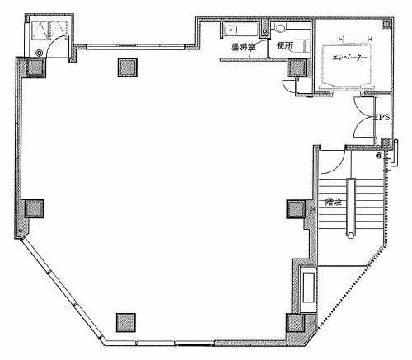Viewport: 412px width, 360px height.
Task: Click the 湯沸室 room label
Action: (243, 47)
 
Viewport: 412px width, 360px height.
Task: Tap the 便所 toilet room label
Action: (285, 45)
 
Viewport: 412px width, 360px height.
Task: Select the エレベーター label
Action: (349, 58)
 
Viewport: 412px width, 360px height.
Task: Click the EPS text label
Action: (382, 118)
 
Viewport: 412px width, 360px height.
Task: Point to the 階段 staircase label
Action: (334, 202)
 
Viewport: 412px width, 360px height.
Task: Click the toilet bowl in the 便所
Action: (280, 28)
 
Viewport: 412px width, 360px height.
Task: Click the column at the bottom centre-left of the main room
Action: (126, 322)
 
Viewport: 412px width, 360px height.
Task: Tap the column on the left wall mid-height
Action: (35, 208)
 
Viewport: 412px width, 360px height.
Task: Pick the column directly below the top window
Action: (128, 68)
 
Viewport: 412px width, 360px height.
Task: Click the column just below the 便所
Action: (297, 68)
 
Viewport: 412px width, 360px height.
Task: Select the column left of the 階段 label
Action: (296, 209)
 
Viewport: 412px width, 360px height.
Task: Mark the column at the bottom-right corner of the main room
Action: (296, 323)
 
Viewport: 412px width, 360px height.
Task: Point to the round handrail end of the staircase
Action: (351, 236)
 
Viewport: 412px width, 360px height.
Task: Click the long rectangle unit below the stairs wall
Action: (308, 288)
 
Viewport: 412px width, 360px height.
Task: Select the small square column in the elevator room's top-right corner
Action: (387, 24)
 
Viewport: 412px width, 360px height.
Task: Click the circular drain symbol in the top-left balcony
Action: (40, 53)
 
